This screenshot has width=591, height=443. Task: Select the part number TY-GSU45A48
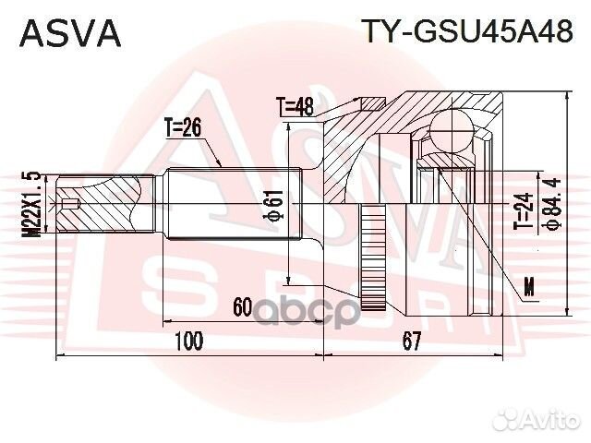pos(466,32)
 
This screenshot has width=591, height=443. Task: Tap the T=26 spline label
pos(183,127)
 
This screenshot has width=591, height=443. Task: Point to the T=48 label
pos(295,107)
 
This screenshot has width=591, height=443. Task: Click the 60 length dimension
pos(243,306)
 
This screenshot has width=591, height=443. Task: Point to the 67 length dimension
pos(412,341)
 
